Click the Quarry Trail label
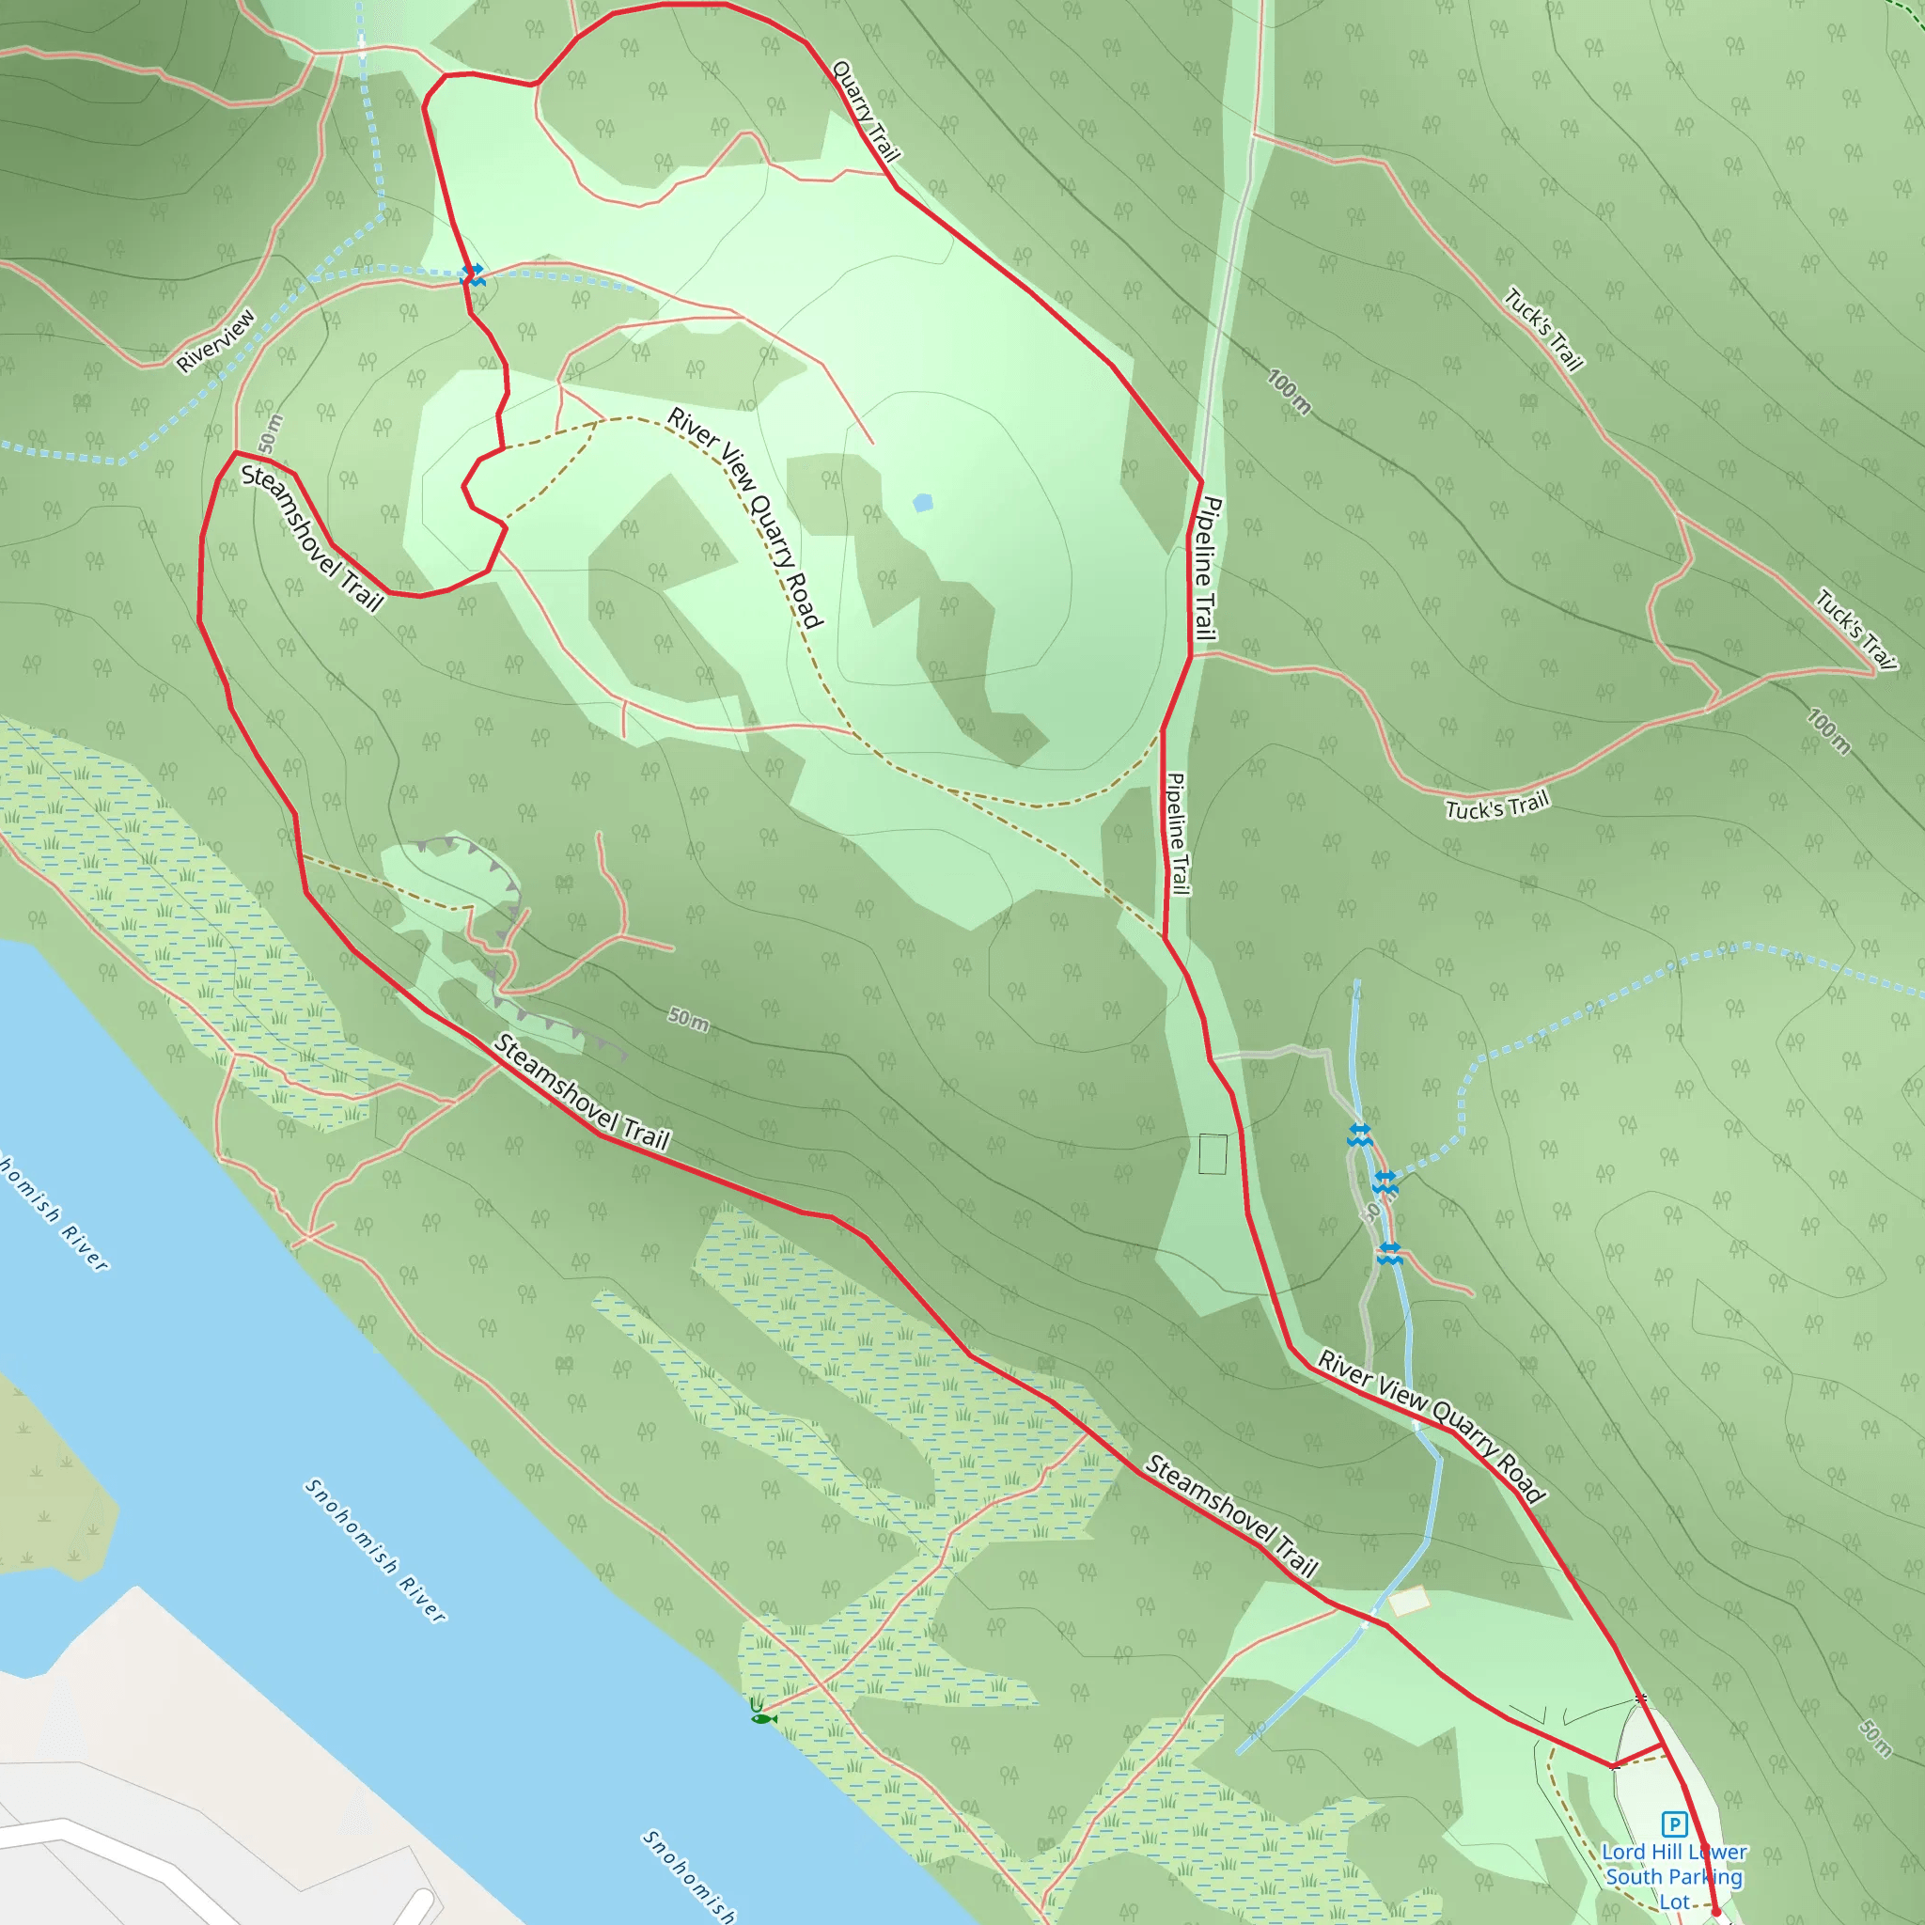point(865,111)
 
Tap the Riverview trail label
point(216,341)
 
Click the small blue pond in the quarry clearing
point(923,502)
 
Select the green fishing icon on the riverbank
point(762,1713)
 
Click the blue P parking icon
point(1674,1824)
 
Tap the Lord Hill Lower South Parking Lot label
point(1674,1876)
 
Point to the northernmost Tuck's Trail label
point(1543,329)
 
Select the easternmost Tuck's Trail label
point(1856,629)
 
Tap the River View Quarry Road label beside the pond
point(745,517)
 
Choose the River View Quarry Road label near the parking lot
point(1432,1426)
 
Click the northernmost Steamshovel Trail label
point(312,537)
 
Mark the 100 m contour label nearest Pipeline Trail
point(1290,392)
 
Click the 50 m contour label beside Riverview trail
point(269,433)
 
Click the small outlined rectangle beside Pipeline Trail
point(1213,1154)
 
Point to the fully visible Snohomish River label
point(376,1549)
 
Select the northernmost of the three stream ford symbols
point(1360,1134)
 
